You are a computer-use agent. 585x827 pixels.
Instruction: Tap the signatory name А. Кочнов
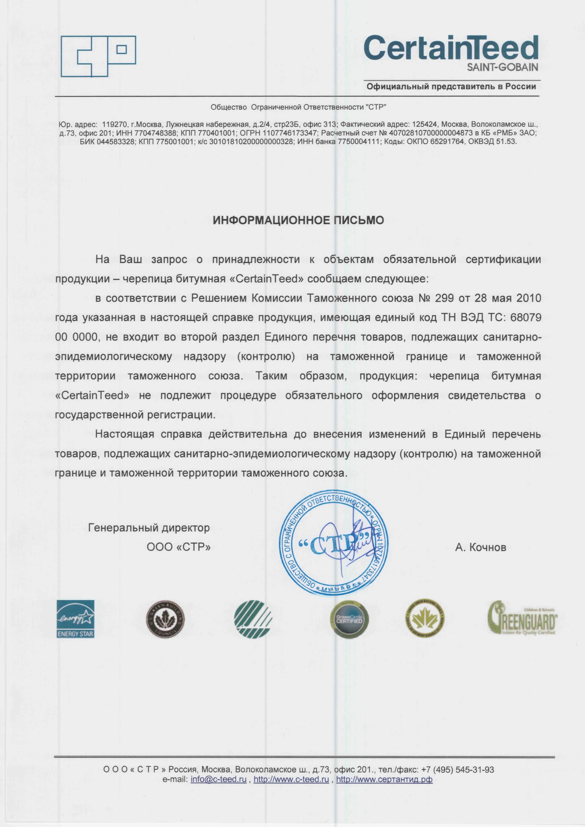click(x=481, y=548)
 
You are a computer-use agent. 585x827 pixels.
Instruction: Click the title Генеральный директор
click(x=149, y=528)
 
